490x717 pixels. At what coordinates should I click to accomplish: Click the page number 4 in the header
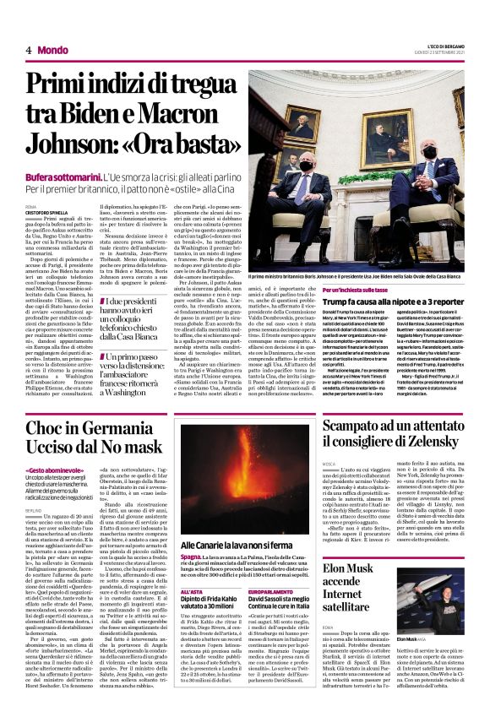tap(29, 50)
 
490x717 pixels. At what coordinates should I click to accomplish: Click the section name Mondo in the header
tap(53, 50)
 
